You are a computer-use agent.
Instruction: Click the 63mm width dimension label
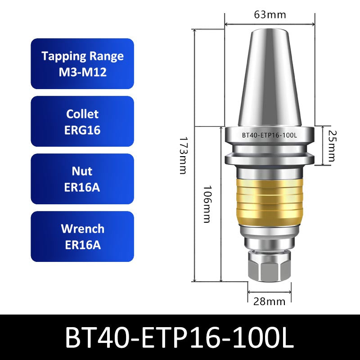click(270, 14)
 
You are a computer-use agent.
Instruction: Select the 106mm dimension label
click(207, 204)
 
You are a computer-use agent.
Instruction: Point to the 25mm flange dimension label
click(332, 146)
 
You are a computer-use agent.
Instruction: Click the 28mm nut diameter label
click(270, 301)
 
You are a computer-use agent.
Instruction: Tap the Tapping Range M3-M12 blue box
click(82, 63)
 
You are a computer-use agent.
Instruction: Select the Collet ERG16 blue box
click(82, 121)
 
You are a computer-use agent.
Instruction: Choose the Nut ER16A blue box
click(82, 179)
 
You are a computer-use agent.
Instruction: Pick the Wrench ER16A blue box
click(82, 236)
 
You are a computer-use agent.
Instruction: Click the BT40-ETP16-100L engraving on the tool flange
click(270, 135)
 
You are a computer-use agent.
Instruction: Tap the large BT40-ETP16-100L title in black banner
click(180, 337)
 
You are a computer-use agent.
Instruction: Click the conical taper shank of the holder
click(269, 81)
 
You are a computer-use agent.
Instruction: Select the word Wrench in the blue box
click(82, 229)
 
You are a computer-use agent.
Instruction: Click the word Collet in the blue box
click(82, 114)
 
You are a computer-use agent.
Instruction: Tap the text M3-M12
click(82, 72)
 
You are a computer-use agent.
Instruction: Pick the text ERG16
click(82, 130)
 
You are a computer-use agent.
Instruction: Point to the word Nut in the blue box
click(82, 171)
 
